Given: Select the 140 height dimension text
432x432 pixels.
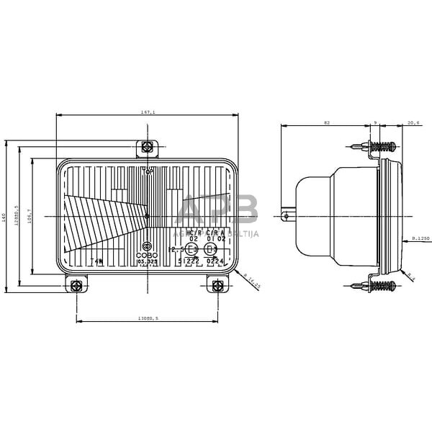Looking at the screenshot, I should [x=4, y=216].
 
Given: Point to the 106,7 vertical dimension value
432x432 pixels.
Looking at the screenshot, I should [x=29, y=216].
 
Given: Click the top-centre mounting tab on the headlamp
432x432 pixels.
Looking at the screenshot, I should [x=148, y=148].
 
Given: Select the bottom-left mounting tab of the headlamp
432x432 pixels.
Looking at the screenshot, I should [x=76, y=285].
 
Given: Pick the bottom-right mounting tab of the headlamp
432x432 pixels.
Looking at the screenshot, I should [x=216, y=285].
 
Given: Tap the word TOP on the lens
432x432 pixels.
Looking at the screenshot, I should [x=148, y=172].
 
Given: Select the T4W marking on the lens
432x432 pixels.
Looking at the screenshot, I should [x=96, y=261].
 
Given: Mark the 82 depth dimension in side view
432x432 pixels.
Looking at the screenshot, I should [x=327, y=123].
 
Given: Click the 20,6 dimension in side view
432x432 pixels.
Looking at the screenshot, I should [x=413, y=123].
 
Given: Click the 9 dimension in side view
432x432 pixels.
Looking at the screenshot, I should [x=376, y=123].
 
